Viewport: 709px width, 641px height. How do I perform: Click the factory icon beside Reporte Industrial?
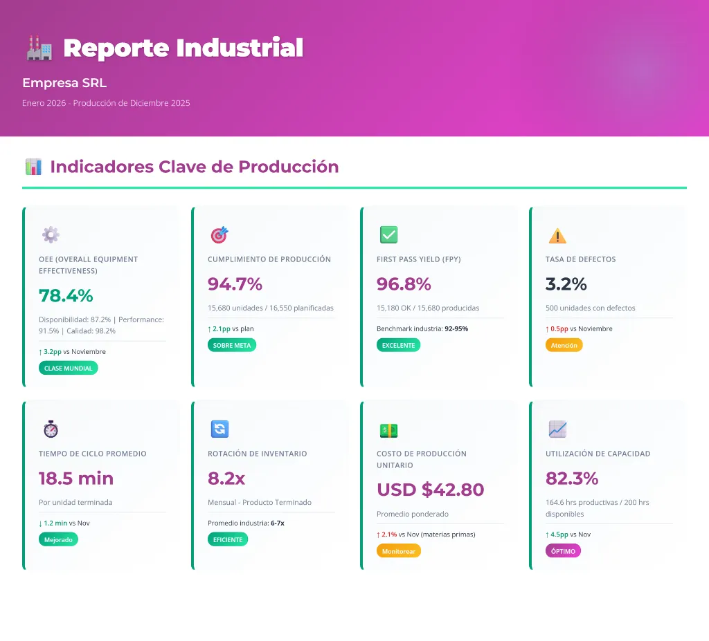(x=39, y=48)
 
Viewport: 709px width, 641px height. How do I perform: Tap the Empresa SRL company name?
(x=64, y=83)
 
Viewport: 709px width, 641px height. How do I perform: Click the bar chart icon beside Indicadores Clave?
(x=33, y=167)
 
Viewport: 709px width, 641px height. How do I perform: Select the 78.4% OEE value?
(x=66, y=295)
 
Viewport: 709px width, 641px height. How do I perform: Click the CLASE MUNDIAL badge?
(x=68, y=368)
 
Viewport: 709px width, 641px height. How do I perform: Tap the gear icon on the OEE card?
(x=51, y=235)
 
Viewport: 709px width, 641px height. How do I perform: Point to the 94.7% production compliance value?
(x=235, y=284)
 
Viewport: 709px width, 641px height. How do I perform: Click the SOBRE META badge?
(x=232, y=345)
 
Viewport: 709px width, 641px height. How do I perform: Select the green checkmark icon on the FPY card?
(x=388, y=235)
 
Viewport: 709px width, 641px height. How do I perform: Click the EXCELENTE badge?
(x=398, y=345)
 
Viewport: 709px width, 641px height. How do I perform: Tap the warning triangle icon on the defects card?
(x=557, y=236)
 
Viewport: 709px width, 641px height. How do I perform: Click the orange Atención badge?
(x=564, y=345)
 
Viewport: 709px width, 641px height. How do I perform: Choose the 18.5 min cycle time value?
(x=76, y=478)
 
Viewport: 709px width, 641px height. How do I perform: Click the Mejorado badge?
(x=58, y=539)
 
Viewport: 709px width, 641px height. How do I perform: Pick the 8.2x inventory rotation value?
(x=226, y=478)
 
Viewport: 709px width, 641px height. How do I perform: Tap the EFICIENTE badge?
(x=228, y=539)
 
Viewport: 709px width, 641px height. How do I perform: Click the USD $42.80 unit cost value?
(x=430, y=490)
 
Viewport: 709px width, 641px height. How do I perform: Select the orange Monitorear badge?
(x=398, y=550)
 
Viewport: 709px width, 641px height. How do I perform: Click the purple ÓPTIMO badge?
(x=563, y=550)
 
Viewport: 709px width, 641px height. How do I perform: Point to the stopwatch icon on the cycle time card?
(x=51, y=429)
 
